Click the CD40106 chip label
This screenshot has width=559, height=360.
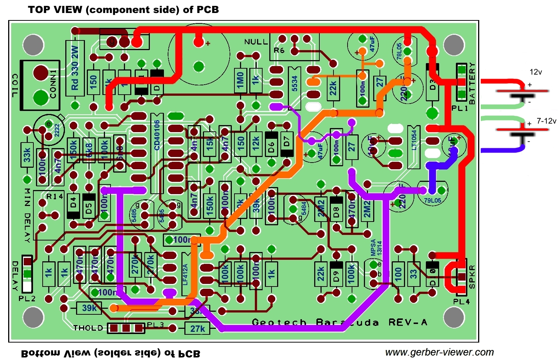tap(157, 135)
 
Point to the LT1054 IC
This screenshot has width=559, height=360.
tap(414, 145)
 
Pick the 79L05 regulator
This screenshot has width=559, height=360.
tap(433, 200)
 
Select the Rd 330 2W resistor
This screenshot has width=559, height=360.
tap(75, 69)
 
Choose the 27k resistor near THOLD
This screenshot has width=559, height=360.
tap(198, 328)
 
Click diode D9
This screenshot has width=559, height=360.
tap(336, 276)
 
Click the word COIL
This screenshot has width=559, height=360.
tap(15, 85)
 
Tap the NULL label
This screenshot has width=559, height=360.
tap(256, 42)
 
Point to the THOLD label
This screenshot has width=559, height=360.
tap(88, 328)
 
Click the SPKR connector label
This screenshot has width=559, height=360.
tap(472, 276)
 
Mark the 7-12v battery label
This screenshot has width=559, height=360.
tap(546, 121)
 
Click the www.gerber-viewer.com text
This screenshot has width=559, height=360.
tap(439, 352)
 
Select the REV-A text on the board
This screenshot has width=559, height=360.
tap(408, 322)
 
